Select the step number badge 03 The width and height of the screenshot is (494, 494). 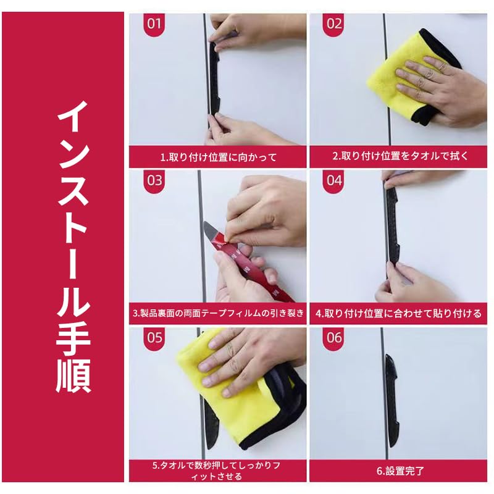[154, 180]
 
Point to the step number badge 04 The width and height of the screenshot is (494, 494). [334, 180]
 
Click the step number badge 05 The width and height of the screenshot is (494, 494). [154, 338]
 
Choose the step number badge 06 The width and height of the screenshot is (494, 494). [334, 338]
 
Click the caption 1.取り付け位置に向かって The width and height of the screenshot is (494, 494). [217, 157]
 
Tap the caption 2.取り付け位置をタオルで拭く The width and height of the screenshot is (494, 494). [400, 157]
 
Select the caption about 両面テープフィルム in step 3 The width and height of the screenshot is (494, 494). [217, 314]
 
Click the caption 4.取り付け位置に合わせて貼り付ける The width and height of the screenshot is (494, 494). [398, 314]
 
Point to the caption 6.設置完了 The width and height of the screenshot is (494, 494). [400, 471]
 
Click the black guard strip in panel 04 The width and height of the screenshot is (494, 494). [392, 228]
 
